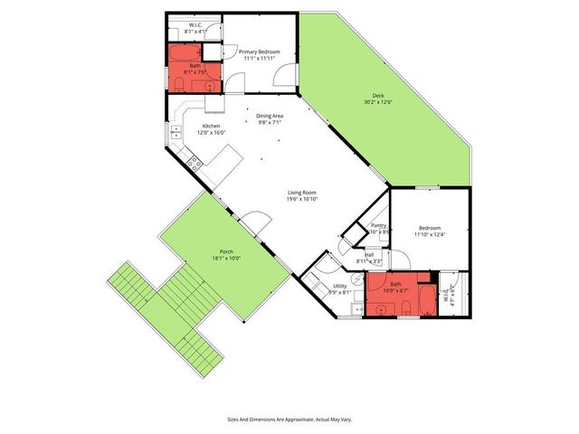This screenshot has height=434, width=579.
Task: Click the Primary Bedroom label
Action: click(x=259, y=52)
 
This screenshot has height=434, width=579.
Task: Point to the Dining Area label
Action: click(x=271, y=116)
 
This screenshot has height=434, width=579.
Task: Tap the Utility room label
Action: click(x=339, y=286)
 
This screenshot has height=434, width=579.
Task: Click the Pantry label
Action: click(x=379, y=225)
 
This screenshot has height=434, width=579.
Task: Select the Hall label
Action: click(x=369, y=255)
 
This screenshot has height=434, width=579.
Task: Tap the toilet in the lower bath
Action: click(x=406, y=310)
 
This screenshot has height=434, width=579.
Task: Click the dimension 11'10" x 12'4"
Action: click(x=430, y=235)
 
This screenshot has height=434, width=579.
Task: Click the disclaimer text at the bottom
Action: click(x=289, y=420)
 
